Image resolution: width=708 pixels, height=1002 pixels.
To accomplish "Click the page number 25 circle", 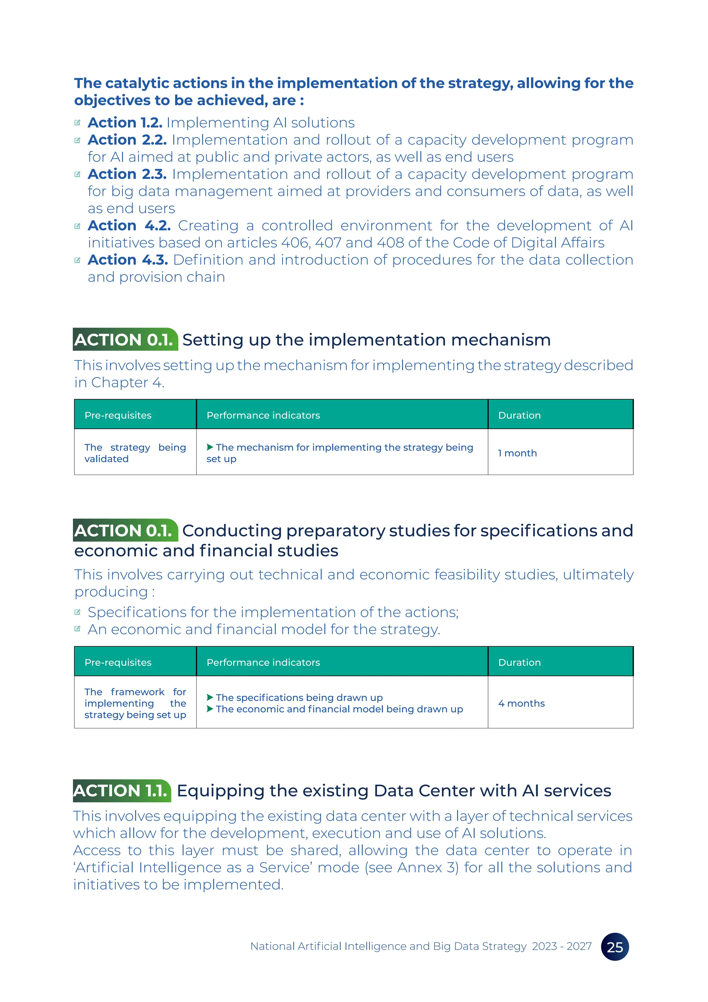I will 615,947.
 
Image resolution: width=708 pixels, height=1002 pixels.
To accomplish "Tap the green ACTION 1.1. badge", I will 122,790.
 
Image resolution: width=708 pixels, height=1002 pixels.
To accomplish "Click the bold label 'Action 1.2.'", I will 125,122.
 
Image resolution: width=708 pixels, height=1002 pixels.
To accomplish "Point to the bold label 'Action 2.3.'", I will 127,174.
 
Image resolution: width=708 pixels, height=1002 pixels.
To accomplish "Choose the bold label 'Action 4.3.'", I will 128,259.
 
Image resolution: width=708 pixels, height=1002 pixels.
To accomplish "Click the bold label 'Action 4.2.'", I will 129,226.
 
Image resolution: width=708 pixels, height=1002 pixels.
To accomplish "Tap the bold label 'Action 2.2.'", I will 127,140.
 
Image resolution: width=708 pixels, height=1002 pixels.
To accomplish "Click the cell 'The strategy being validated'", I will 135,453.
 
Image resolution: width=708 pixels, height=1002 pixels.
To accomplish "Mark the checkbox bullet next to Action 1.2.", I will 77,122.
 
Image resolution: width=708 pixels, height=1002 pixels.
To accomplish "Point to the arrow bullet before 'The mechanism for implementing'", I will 210,447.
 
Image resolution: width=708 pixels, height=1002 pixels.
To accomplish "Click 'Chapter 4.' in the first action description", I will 128,383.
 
